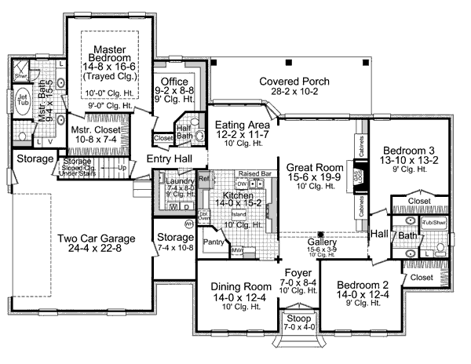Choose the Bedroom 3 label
click(411, 151)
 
